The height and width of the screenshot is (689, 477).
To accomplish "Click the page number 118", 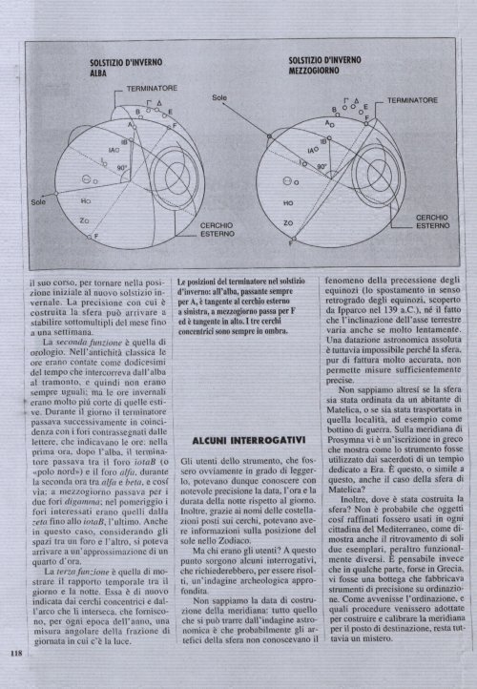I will click(x=15, y=654).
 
